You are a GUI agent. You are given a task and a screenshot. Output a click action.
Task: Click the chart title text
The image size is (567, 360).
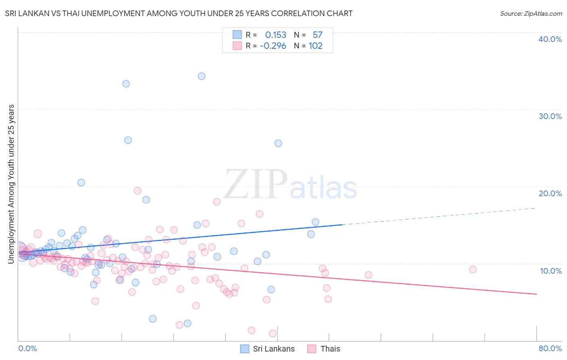[x=179, y=14]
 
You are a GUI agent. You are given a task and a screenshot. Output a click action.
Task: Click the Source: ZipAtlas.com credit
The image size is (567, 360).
[x=531, y=14]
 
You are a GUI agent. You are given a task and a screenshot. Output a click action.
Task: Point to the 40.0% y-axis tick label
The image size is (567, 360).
[x=550, y=39]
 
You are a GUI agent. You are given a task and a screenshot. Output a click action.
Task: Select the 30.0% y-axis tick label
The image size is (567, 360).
[x=550, y=116]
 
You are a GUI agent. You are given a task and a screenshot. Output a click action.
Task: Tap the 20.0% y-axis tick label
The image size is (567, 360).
[x=550, y=193]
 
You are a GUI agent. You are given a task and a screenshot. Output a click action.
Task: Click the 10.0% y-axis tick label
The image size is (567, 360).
[x=550, y=271]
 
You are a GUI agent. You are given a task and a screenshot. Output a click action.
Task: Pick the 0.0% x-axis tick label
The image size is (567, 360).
[x=27, y=349]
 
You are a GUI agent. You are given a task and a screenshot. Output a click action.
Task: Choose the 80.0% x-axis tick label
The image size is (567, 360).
[x=550, y=349]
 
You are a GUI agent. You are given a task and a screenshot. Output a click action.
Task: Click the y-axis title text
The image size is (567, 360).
[x=11, y=184]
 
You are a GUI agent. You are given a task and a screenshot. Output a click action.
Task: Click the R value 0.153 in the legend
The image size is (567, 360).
[x=275, y=35]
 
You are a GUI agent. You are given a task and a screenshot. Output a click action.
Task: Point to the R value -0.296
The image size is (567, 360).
[x=273, y=46]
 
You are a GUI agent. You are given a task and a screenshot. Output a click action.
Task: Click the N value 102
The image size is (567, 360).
[x=315, y=46]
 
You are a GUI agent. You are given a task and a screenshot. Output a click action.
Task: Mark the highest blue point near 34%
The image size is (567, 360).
[x=202, y=76]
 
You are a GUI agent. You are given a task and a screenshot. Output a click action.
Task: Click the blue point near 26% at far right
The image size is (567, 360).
[x=278, y=143]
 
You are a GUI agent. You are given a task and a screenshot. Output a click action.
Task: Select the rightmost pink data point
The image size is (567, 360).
[x=473, y=270]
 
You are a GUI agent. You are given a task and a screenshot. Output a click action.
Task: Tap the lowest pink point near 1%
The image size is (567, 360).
[x=273, y=333]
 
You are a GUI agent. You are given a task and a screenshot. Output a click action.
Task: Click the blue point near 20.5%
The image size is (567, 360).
[x=81, y=182]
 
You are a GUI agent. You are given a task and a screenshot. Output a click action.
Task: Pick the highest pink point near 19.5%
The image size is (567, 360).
[x=138, y=190]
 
